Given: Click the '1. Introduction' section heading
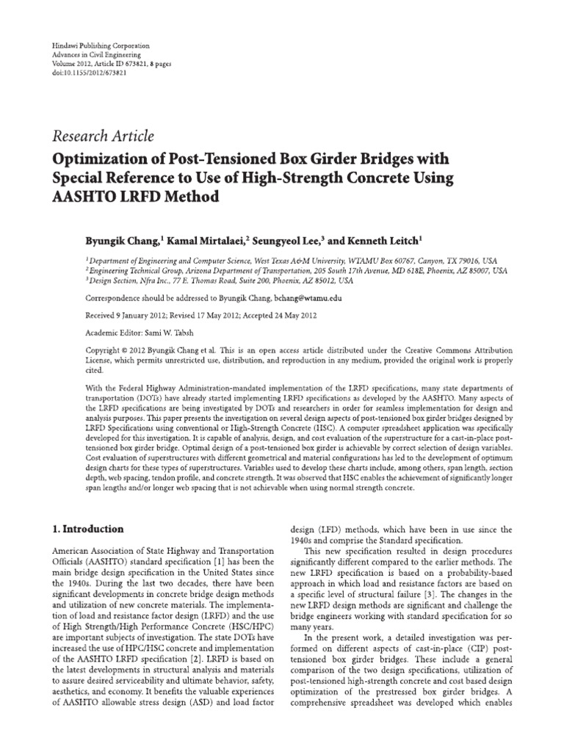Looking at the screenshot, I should click(x=86, y=529).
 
